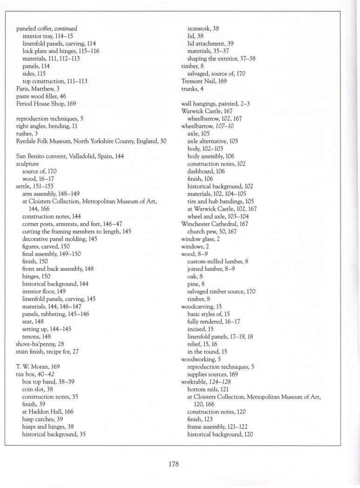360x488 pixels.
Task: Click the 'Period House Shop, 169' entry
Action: click(46, 103)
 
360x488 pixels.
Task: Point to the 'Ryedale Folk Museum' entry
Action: click(91, 140)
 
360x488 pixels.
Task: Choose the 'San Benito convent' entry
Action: click(70, 156)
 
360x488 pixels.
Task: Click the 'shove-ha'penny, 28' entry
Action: click(40, 344)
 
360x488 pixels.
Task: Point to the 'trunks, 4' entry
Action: click(192, 88)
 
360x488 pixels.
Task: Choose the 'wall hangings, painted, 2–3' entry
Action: click(215, 103)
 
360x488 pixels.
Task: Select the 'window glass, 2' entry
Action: click(200, 238)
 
